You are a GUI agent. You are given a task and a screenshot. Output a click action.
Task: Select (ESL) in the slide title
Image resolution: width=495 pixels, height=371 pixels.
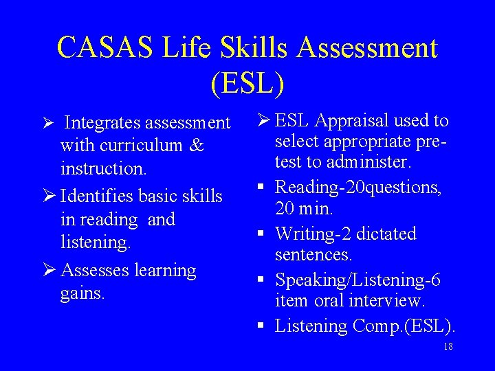click(247, 83)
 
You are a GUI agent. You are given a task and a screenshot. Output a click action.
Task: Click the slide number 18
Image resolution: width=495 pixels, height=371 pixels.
click(448, 347)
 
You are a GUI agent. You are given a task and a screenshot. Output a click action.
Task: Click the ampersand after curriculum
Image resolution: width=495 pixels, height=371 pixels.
click(196, 146)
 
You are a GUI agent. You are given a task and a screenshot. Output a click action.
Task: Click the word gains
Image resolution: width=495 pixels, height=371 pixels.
click(82, 294)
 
